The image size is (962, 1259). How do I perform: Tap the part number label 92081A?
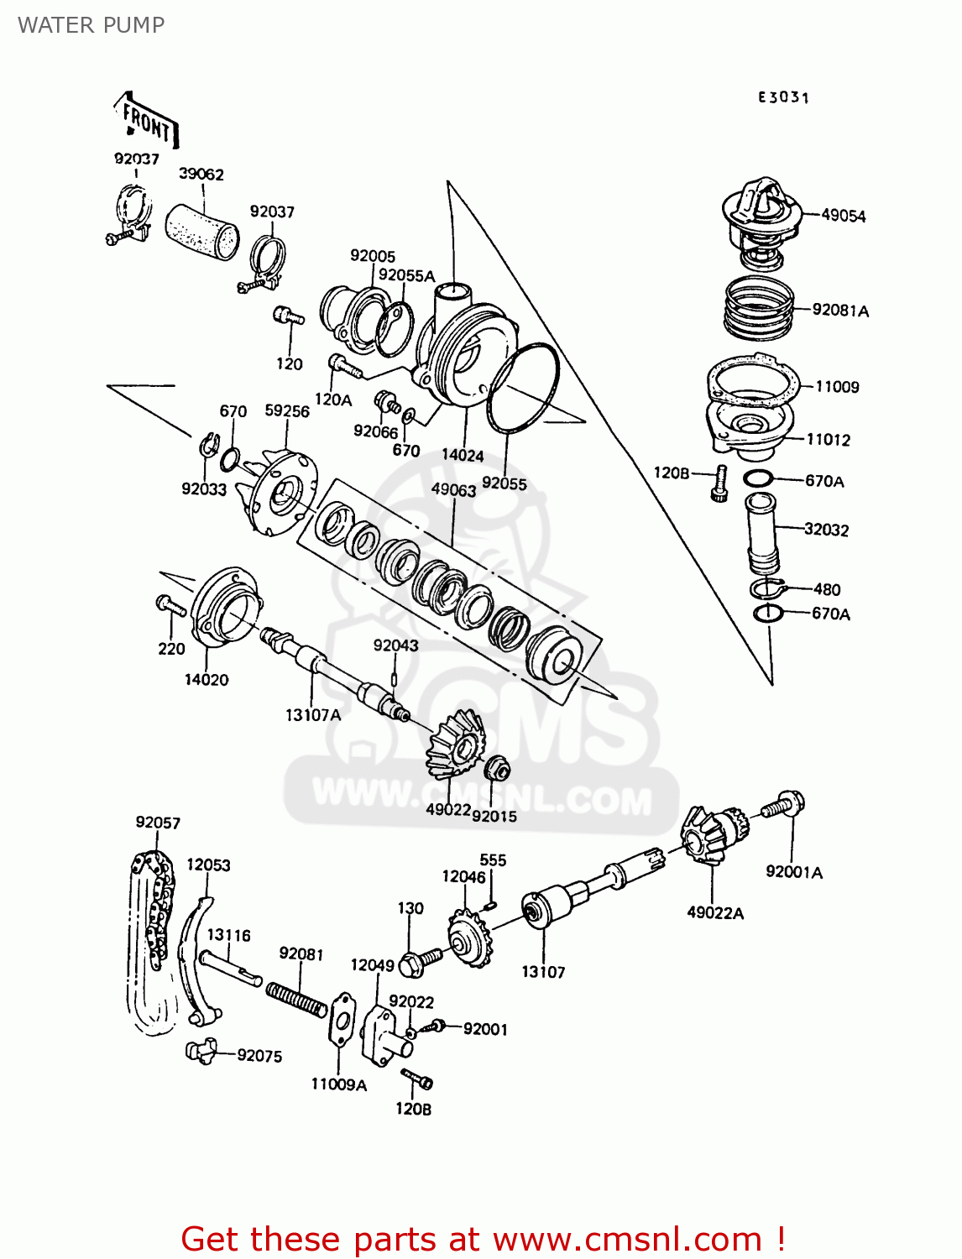(840, 311)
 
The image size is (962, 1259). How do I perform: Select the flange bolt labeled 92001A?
(784, 806)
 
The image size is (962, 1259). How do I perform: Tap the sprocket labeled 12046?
(468, 938)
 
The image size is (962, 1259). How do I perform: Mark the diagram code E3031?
(783, 97)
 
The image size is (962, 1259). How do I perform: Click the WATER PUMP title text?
(91, 25)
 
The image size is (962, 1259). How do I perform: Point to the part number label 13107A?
(313, 715)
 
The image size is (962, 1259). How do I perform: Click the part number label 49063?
(453, 490)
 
